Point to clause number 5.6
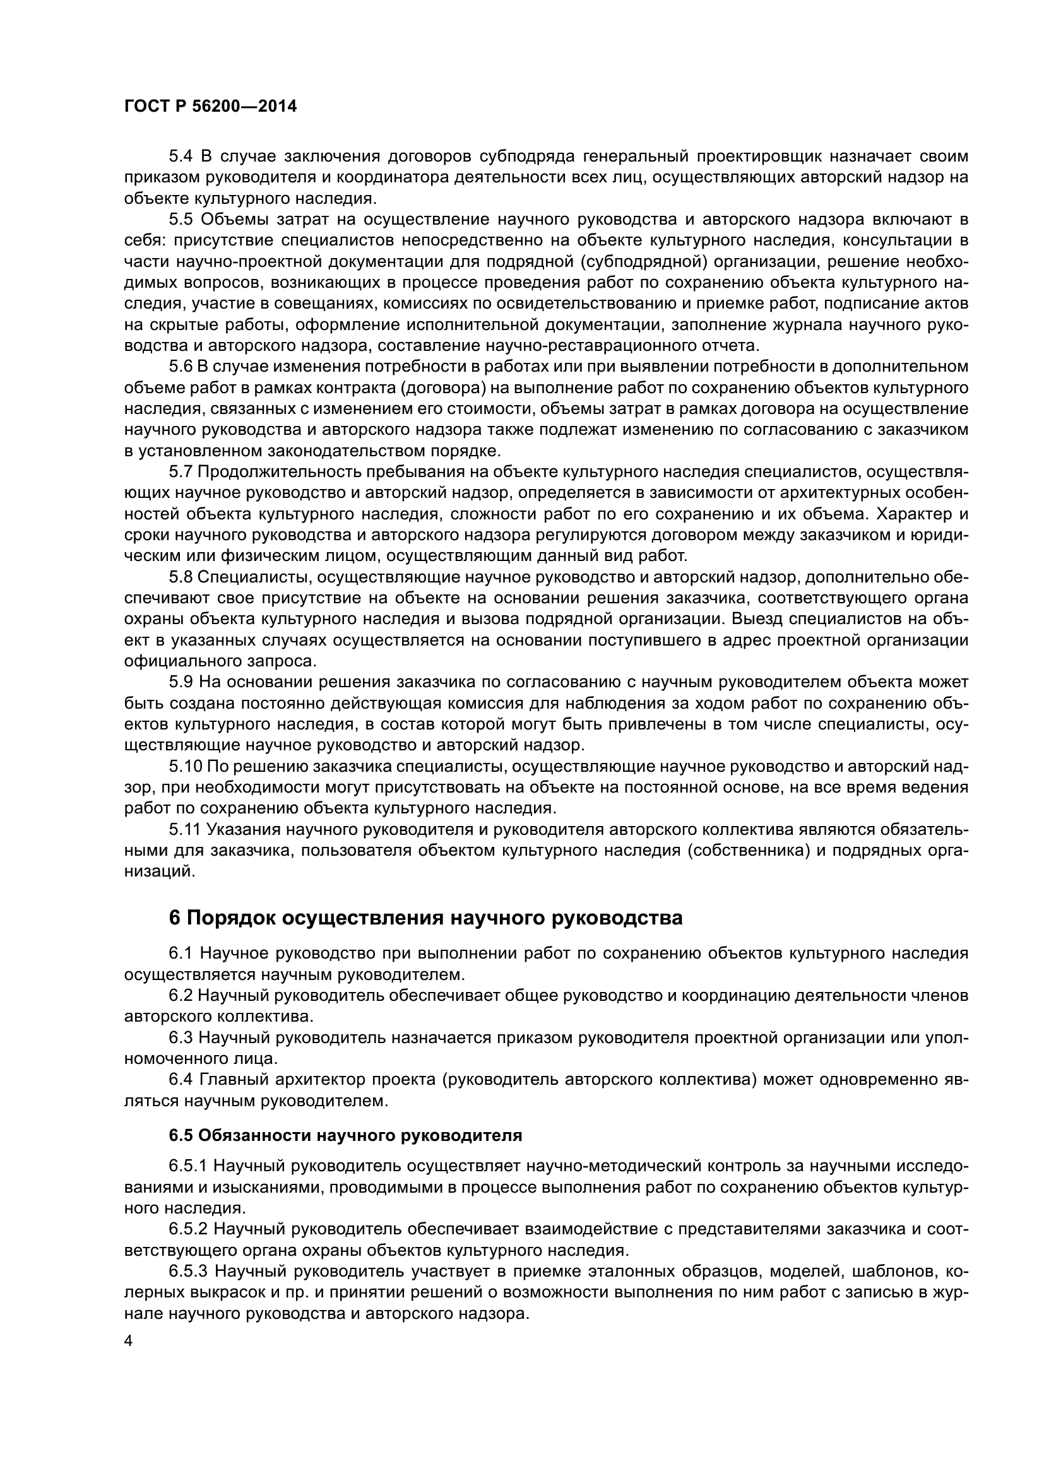(181, 367)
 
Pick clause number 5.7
(181, 473)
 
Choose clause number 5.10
(186, 767)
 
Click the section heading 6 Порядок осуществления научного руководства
(425, 918)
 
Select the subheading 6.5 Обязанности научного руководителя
(345, 1136)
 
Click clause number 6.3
(181, 1037)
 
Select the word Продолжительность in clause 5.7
(279, 473)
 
